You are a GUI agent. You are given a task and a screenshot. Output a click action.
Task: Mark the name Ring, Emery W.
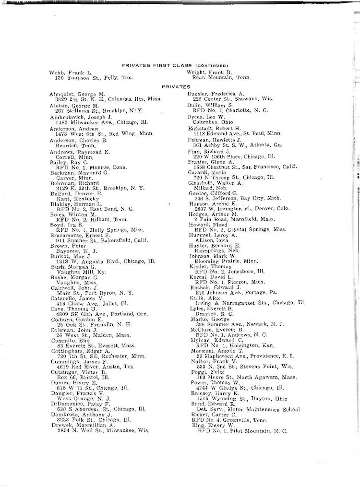pyautogui.click(x=207, y=426)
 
